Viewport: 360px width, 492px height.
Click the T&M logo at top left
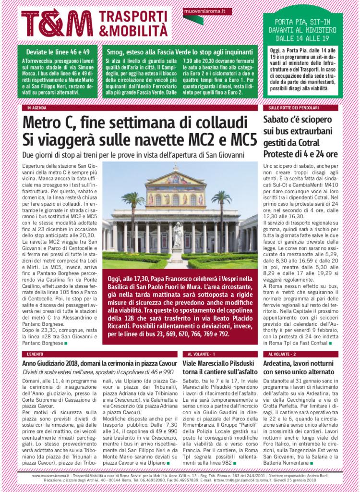click(57, 22)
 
